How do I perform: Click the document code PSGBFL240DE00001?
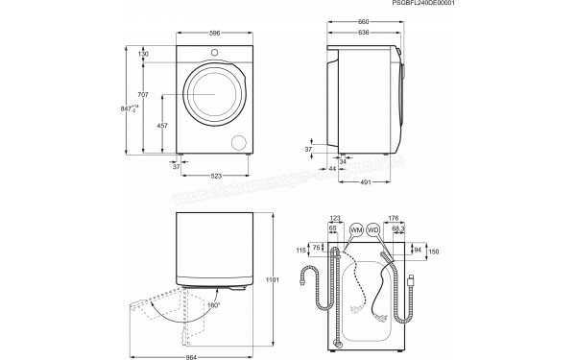coord(526,6)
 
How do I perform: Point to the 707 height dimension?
coord(142,94)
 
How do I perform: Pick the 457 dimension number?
coord(162,126)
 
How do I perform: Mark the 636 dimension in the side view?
coord(363,33)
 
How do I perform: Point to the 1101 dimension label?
coord(273,281)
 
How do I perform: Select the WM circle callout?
coord(356,232)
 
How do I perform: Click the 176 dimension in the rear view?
coord(394,219)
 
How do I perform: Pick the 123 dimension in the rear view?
coord(335,219)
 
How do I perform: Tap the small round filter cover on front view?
coord(238,140)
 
